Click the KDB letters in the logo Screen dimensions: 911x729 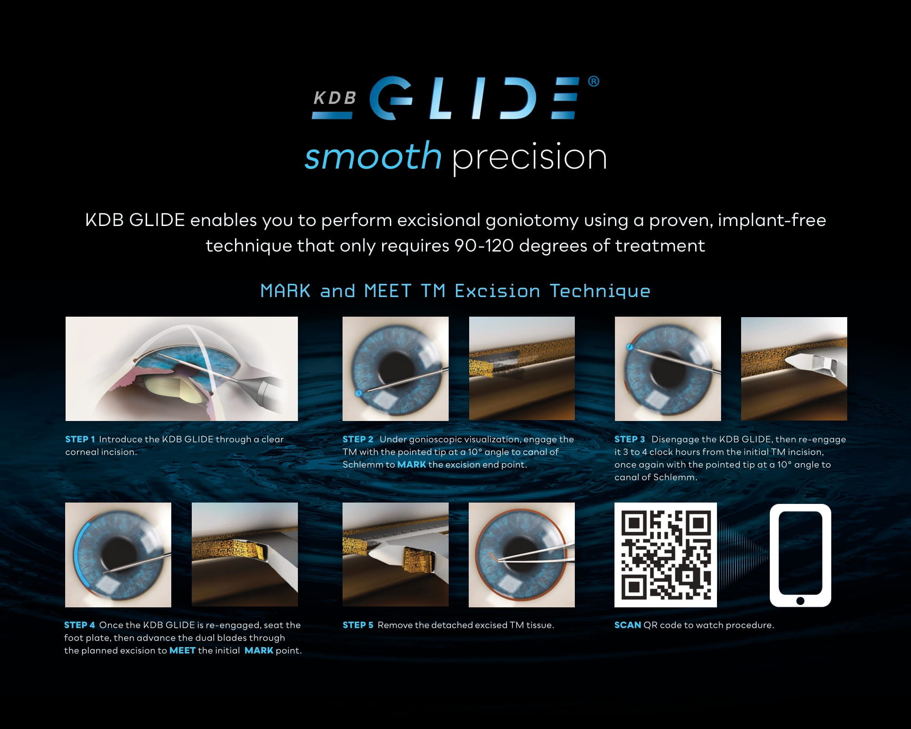click(x=334, y=98)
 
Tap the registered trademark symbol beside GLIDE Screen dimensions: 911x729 click(x=594, y=82)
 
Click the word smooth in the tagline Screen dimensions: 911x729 click(x=373, y=156)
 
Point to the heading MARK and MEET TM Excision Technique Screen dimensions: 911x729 click(x=455, y=291)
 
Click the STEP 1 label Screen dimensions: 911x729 click(x=80, y=439)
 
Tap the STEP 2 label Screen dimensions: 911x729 click(x=358, y=439)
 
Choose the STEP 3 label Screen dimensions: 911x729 click(x=630, y=439)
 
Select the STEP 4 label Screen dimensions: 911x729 click(x=79, y=625)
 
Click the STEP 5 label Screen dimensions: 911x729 click(x=358, y=625)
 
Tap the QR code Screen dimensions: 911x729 click(x=665, y=555)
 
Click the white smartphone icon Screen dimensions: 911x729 click(x=800, y=555)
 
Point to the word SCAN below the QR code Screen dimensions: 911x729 click(x=628, y=625)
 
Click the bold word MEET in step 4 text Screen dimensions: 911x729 click(x=182, y=651)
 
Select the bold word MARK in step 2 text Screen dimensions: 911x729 click(x=411, y=465)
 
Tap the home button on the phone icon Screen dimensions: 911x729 click(x=800, y=601)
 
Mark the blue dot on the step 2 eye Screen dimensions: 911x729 click(x=358, y=393)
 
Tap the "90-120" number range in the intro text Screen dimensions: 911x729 click(x=484, y=246)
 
